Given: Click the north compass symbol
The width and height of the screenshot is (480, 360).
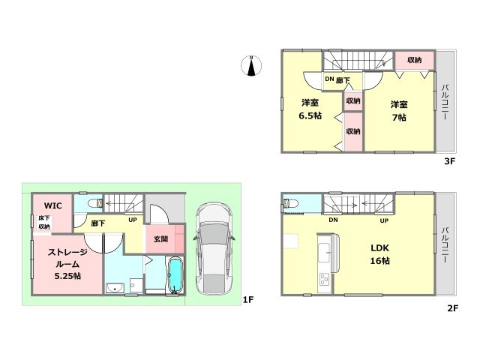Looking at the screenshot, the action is point(251,65).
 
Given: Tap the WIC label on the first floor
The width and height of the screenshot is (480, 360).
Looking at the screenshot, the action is point(53,205).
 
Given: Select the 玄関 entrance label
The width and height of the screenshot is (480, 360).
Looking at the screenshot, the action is point(160,238).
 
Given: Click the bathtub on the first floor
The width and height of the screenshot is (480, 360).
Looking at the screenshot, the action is point(175,276).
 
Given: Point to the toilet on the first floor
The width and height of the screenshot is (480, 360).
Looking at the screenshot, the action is point(95,203).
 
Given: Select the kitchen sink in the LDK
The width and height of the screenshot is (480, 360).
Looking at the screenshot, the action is point(324,253).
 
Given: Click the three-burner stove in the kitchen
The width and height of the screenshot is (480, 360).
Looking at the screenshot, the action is point(324,279).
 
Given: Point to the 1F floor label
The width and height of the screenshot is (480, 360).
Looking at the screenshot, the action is point(248,300).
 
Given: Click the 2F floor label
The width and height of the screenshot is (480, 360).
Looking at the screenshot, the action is point(453,308).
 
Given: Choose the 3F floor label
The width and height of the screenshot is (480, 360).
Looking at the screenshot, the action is point(450,161).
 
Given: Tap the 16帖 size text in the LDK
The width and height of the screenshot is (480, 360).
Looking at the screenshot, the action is point(380,261).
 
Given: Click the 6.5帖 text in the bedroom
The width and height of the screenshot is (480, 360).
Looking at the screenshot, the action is point(310,116).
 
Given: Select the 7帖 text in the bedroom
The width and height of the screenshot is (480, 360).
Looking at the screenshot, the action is point(399,118).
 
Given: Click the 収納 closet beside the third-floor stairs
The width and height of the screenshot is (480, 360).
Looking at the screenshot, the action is point(415,60).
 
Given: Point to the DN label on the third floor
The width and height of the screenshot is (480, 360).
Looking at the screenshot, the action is point(329,79).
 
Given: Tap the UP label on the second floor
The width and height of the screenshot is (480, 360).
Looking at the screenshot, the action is point(384,220).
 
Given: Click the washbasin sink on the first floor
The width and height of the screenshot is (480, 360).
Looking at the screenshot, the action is point(115,288).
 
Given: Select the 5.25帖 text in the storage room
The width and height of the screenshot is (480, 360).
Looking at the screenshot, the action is point(67,276).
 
